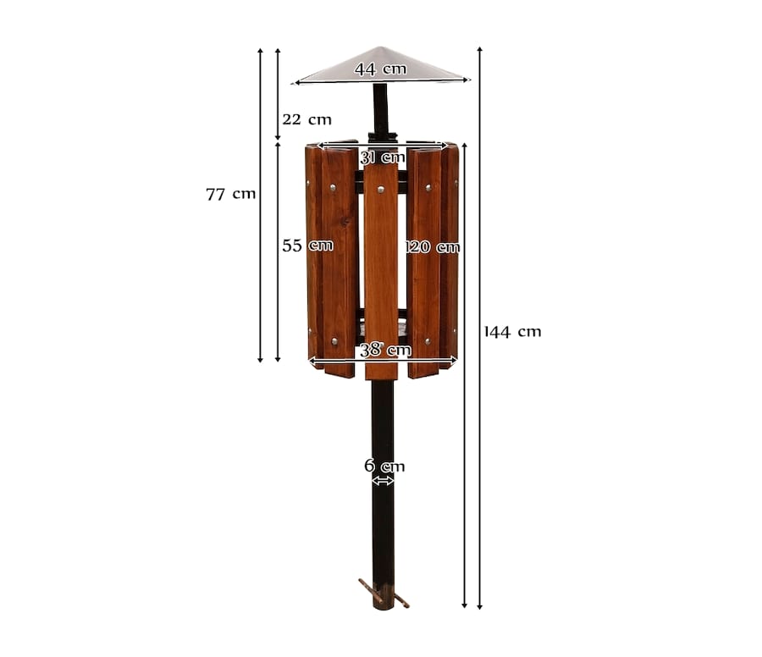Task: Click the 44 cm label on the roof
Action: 380,69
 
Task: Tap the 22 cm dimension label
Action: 306,119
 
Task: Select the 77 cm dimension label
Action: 231,195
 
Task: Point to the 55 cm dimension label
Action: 307,246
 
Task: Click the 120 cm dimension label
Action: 433,247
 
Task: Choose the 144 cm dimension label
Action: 513,332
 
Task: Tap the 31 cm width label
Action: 383,157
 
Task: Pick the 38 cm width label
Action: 385,350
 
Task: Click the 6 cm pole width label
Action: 384,466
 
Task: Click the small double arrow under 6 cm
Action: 383,481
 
